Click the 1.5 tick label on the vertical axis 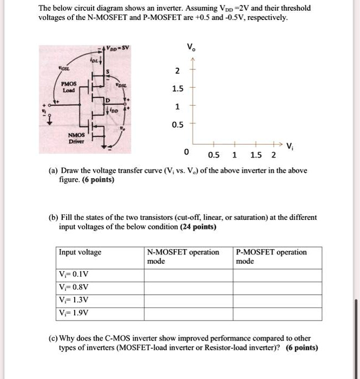tap(176, 89)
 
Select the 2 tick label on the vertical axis tap(176, 71)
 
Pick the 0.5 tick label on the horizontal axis tap(214, 155)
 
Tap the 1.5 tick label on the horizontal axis tap(256, 155)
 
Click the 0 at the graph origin tap(187, 152)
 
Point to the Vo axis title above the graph tap(190, 47)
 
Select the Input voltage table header tap(80, 252)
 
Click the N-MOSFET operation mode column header tap(183, 257)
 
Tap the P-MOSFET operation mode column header tap(272, 257)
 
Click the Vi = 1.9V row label tap(74, 312)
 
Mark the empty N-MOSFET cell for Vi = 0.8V tap(188, 286)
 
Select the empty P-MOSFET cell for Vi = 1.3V tap(277, 299)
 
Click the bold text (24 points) tap(198, 227)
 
